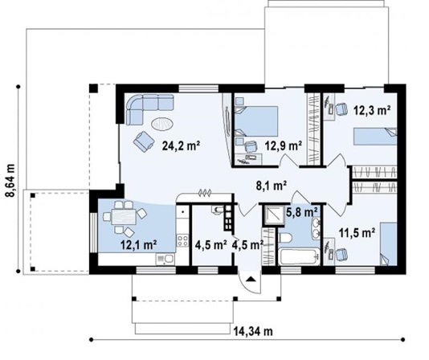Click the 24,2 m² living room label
click(181, 145)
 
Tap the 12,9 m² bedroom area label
click(283, 145)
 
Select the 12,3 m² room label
click(372, 110)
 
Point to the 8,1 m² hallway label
click(271, 186)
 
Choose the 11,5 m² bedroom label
click(357, 233)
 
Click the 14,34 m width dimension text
click(253, 331)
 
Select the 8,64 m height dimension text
click(10, 180)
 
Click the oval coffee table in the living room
click(162, 124)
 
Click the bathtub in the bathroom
click(299, 256)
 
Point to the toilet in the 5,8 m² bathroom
click(286, 238)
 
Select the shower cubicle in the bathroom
click(273, 215)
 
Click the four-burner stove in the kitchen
click(182, 240)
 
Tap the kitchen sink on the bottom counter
click(165, 259)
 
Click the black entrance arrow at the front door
click(250, 279)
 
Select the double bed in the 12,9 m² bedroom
click(256, 121)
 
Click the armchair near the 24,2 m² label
click(144, 141)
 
